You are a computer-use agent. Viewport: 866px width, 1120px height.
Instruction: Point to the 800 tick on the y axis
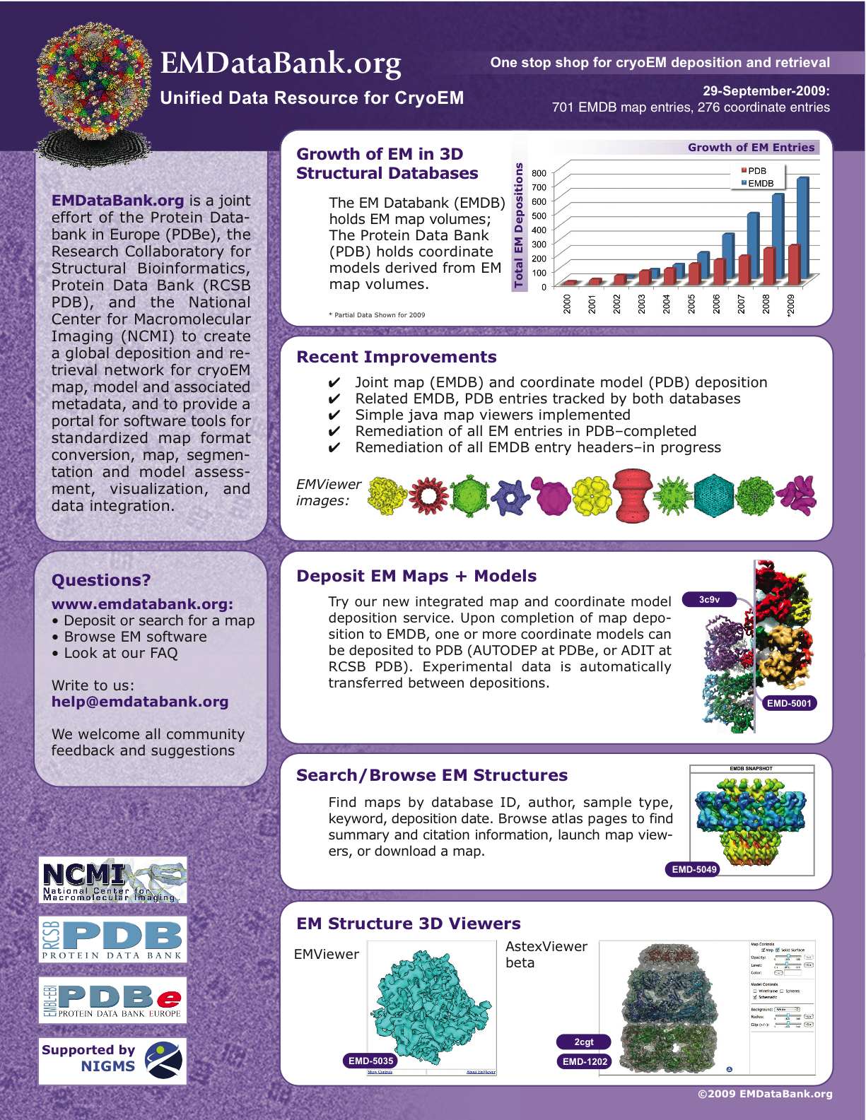[x=539, y=173]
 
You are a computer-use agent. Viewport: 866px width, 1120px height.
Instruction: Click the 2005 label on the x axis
[x=691, y=304]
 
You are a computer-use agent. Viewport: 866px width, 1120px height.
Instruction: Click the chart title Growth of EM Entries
[x=751, y=148]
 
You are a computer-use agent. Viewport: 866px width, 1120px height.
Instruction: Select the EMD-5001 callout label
[x=789, y=703]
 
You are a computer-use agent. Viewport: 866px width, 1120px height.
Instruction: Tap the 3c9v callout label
[x=709, y=600]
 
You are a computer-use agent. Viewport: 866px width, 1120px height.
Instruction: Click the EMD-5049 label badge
[x=694, y=870]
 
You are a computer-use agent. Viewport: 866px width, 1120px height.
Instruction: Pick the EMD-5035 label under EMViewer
[x=370, y=1061]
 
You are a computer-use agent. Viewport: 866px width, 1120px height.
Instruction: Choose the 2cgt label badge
[x=583, y=1042]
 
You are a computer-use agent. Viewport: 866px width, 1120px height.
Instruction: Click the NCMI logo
[x=113, y=880]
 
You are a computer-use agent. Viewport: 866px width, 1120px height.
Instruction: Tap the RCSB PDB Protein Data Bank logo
[x=113, y=940]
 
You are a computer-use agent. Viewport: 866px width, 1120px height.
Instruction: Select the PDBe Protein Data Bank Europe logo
[x=113, y=1001]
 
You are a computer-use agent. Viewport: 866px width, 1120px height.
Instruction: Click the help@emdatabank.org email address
[x=140, y=702]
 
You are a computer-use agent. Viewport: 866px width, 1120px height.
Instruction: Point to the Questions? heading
[x=101, y=580]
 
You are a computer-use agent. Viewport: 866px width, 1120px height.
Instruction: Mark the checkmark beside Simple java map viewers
[x=334, y=415]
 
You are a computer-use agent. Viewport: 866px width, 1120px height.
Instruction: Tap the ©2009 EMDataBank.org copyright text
[x=765, y=1094]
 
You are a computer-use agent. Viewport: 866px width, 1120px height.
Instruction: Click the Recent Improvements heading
[x=397, y=357]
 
